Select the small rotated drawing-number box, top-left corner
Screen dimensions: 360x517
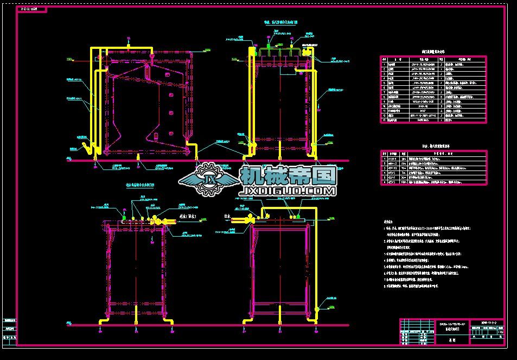click(x=32, y=10)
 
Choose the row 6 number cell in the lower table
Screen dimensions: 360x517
click(x=384, y=182)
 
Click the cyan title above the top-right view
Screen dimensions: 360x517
click(x=282, y=23)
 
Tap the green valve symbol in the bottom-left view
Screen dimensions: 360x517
click(x=124, y=218)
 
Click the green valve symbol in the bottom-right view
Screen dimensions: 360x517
click(x=298, y=216)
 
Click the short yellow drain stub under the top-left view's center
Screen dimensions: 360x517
click(x=138, y=157)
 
